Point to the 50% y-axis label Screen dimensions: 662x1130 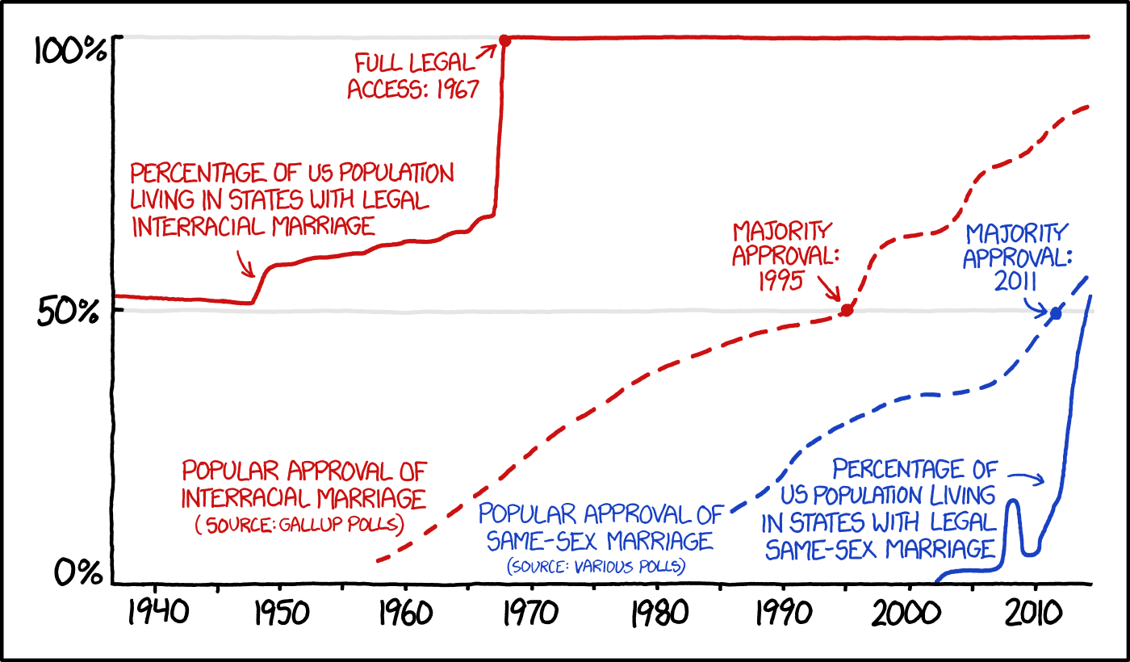(x=71, y=312)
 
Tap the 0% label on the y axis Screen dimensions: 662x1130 (x=79, y=573)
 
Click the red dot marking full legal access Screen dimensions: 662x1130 (x=504, y=40)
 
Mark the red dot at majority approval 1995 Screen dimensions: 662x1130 (x=847, y=310)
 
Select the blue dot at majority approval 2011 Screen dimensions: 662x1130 (x=1055, y=313)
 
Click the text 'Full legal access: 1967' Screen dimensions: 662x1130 (x=413, y=75)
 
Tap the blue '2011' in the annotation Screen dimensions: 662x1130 (x=1016, y=281)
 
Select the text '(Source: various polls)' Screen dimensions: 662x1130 (x=596, y=566)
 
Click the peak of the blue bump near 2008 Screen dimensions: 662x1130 (x=1012, y=501)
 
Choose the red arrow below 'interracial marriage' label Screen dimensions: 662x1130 (x=245, y=263)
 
